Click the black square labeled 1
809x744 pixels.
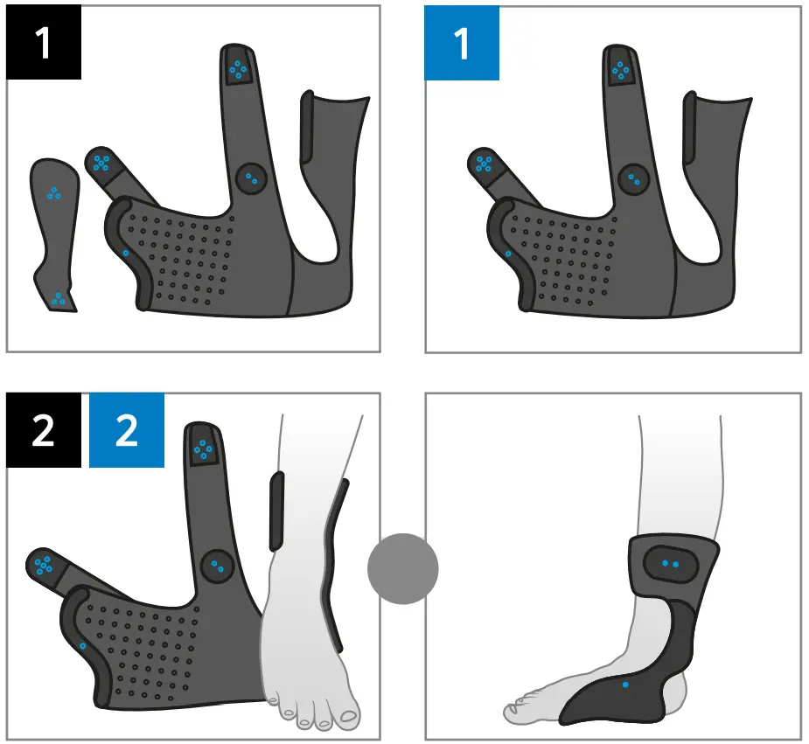(x=44, y=43)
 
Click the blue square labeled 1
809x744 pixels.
(x=462, y=43)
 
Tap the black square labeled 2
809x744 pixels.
(x=44, y=430)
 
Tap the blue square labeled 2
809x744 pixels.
(x=127, y=430)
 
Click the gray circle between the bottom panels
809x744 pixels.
(x=402, y=567)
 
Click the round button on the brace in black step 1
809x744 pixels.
(x=252, y=179)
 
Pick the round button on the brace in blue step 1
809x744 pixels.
(x=632, y=179)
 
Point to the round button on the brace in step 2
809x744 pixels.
(x=217, y=567)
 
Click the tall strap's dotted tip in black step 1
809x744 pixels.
(x=237, y=67)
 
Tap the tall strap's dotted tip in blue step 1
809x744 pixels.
(x=620, y=70)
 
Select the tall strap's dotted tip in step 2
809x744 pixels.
(x=202, y=448)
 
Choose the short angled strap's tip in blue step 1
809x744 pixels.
(x=483, y=163)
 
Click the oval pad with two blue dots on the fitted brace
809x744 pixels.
(x=671, y=564)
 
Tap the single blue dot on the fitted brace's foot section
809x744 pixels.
(x=624, y=685)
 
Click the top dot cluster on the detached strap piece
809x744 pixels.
(x=54, y=193)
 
